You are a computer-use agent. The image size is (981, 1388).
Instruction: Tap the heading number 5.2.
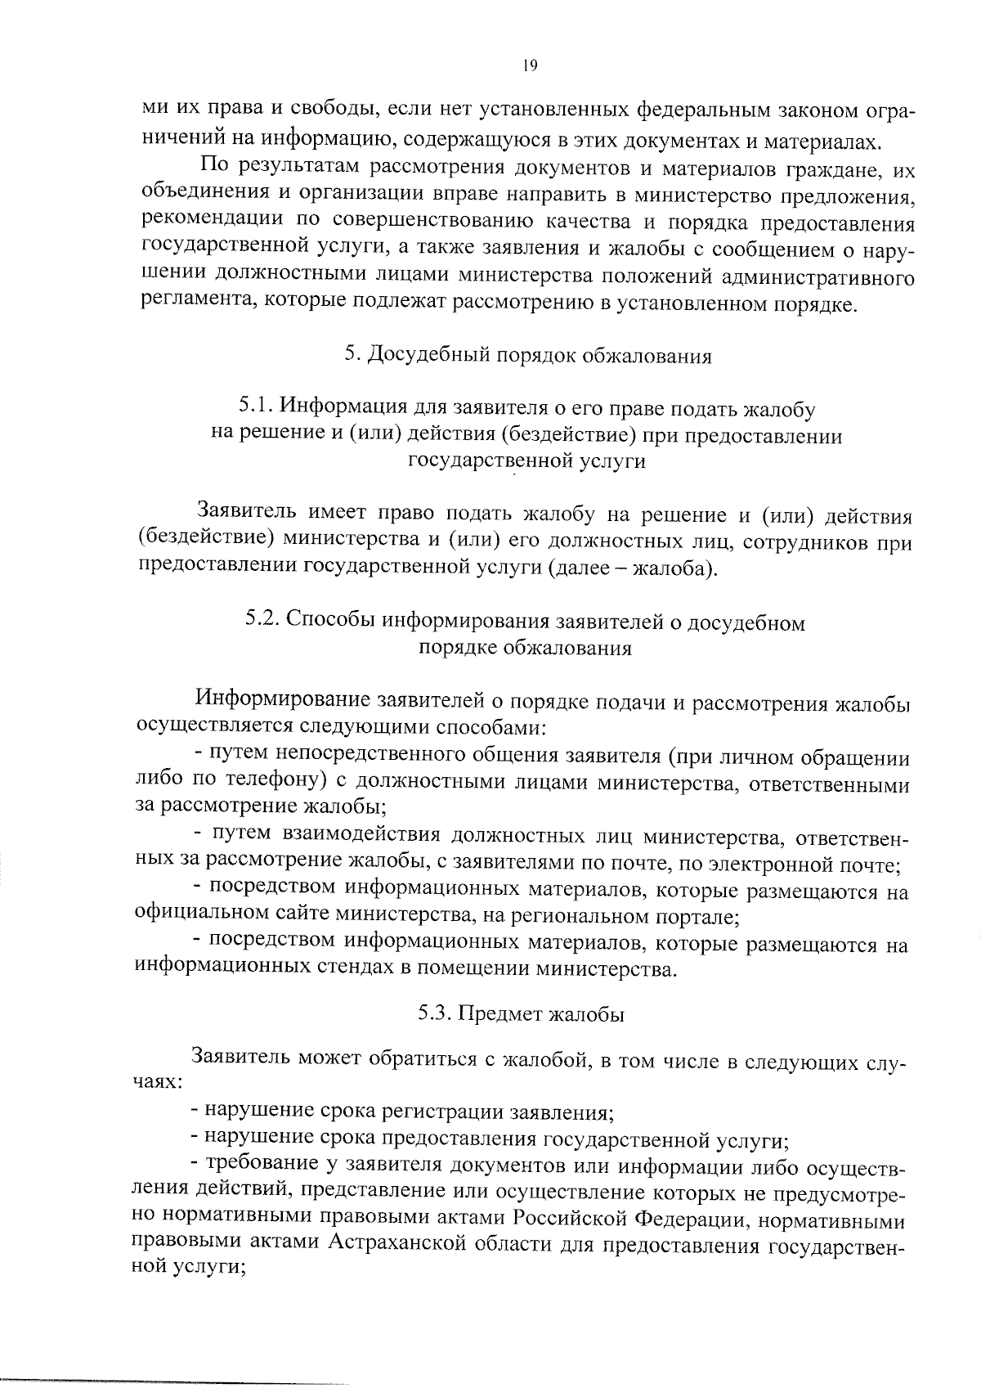click(264, 622)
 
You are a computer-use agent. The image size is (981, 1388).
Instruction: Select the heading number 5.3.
click(434, 1013)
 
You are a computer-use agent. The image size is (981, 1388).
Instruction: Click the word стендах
click(360, 969)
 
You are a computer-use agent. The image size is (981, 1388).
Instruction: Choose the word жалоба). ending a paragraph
click(676, 568)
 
